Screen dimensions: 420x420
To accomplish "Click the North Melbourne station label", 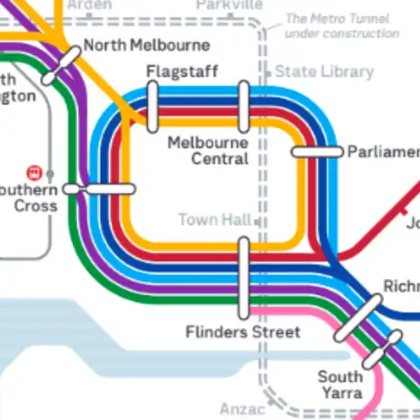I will coord(147,45).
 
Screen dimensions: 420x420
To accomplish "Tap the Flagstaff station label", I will coord(182,71).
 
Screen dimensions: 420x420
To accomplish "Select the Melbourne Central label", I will coord(208,150).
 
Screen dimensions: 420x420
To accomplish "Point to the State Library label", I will coord(324,71).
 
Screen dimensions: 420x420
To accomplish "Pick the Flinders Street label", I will coord(243,332).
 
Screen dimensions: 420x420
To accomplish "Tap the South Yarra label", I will coord(340,385).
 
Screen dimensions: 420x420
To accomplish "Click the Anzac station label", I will coord(243,409).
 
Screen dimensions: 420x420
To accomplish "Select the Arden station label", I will coord(89,5).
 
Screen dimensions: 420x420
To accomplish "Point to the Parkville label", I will coord(230,5).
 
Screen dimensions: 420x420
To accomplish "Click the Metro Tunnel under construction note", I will coord(342,25).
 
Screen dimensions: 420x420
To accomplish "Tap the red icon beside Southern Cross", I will coord(34,173).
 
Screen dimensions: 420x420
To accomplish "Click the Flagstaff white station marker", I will coord(153,107).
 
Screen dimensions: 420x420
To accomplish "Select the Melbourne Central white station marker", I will coord(244,107).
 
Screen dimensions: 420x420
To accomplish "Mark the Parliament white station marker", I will coord(317,152).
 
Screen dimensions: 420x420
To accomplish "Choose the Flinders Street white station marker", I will coord(244,278).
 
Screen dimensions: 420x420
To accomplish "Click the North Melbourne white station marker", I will coord(62,66).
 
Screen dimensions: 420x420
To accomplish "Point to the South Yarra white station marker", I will coord(382,350).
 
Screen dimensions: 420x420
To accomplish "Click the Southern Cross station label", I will coord(30,197).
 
